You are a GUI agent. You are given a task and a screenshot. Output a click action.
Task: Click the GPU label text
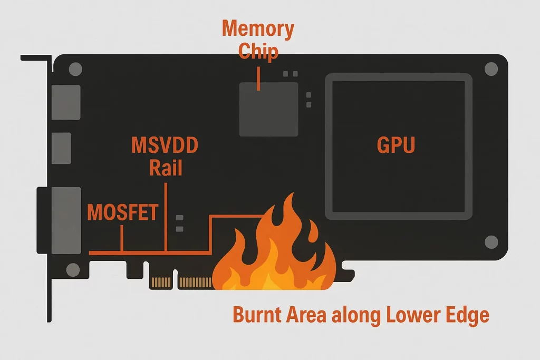pyautogui.click(x=396, y=145)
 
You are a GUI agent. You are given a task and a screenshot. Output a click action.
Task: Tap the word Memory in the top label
pyautogui.click(x=258, y=28)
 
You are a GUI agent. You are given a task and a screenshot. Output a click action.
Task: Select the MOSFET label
pyautogui.click(x=122, y=212)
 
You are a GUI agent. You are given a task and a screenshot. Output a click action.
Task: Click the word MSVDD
pyautogui.click(x=165, y=145)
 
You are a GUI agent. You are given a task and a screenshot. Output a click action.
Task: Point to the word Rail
pyautogui.click(x=166, y=168)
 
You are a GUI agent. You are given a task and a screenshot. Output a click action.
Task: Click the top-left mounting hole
pyautogui.click(x=75, y=69)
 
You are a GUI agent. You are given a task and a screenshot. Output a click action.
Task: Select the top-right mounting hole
pyautogui.click(x=491, y=69)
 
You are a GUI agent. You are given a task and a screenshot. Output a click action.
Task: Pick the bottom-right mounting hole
pyautogui.click(x=491, y=242)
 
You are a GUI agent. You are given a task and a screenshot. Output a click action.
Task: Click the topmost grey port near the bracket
pyautogui.click(x=66, y=102)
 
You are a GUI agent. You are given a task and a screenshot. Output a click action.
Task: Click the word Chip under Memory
pyautogui.click(x=258, y=51)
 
